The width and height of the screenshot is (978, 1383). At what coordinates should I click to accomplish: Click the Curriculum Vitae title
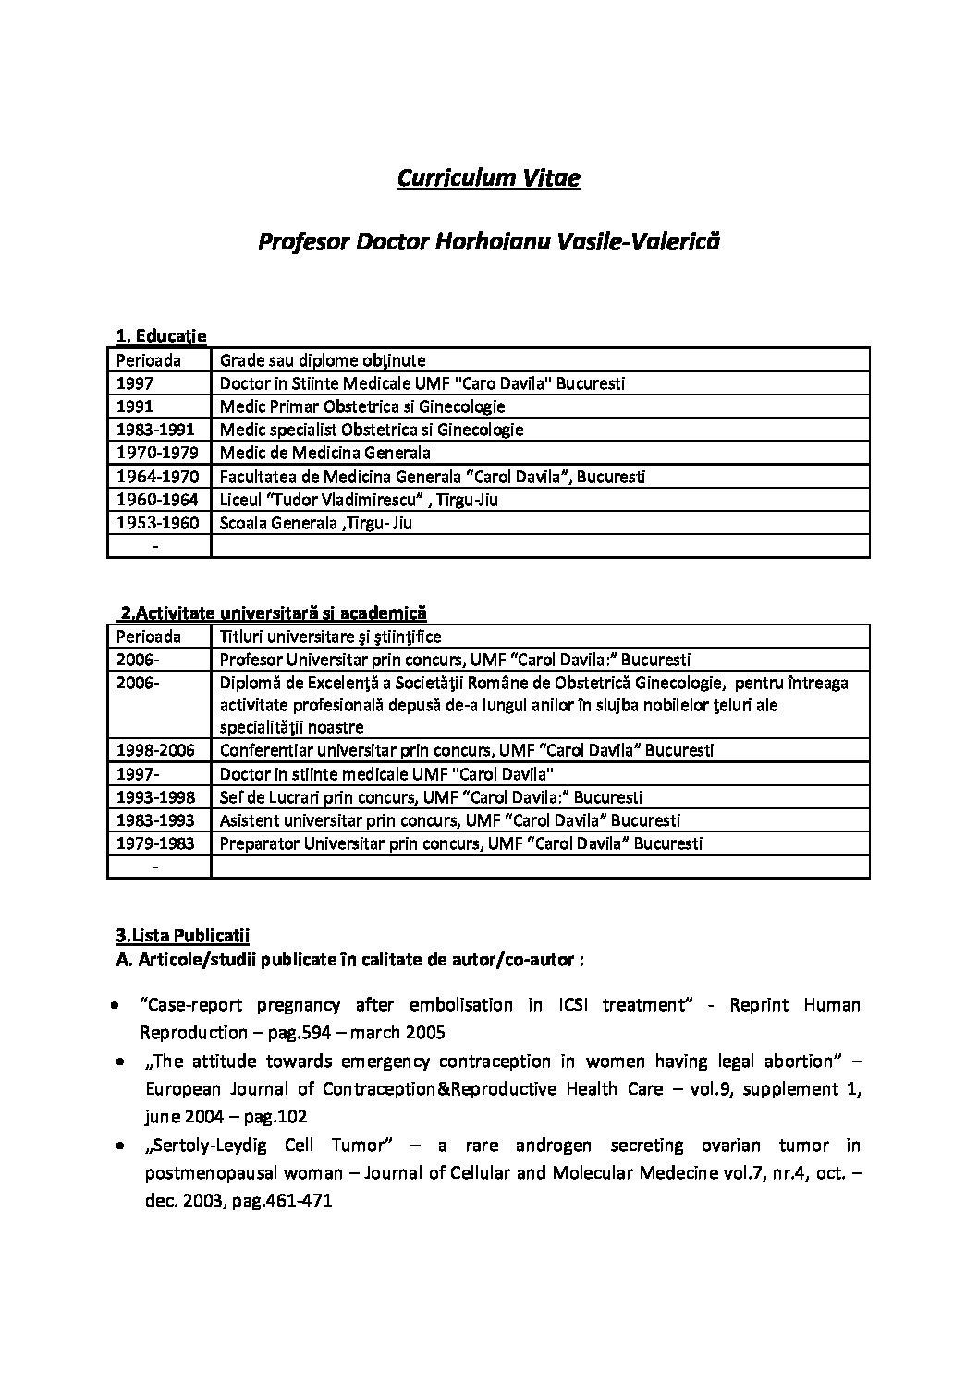point(488,177)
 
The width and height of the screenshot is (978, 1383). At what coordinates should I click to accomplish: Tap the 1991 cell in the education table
point(135,406)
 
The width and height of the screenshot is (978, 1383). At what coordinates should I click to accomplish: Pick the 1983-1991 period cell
point(155,430)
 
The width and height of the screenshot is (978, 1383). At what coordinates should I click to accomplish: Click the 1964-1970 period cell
point(155,477)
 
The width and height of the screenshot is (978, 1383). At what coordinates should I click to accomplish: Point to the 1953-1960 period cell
point(155,523)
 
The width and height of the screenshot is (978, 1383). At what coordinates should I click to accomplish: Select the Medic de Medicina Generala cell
point(324,453)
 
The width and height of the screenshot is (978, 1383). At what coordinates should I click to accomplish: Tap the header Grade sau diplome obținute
point(322,360)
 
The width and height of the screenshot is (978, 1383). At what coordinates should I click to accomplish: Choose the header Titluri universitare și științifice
point(330,637)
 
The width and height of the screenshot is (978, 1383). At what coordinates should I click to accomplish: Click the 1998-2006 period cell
point(155,751)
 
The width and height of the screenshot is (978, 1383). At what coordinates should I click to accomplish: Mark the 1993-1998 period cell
point(155,797)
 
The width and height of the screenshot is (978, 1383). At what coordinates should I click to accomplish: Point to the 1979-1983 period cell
point(155,843)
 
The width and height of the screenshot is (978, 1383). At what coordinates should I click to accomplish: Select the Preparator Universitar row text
point(460,843)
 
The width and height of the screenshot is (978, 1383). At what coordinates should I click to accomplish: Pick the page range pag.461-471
point(277,1201)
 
